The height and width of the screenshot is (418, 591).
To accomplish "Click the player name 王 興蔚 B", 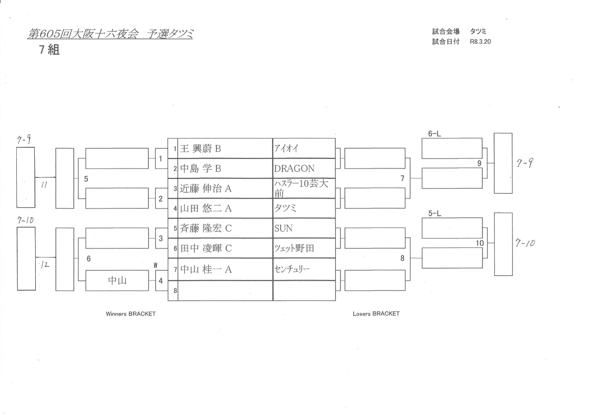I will point(201,148).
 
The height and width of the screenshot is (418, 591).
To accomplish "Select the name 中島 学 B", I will point(201,168).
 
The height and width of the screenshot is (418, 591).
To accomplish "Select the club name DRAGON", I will point(294,168).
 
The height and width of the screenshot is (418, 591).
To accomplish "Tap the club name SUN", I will point(283,228).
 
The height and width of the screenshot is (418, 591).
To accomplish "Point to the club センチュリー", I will point(292,269).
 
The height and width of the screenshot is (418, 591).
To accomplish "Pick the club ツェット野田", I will point(294,248).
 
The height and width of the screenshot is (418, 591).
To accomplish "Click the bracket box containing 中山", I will point(117,280).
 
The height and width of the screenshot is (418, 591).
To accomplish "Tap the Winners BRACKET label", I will point(131,314).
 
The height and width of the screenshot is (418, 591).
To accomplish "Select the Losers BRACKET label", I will point(376,314).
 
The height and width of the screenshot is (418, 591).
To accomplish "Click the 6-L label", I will point(434,134).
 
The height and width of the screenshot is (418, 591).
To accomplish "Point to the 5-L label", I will point(434,214).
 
